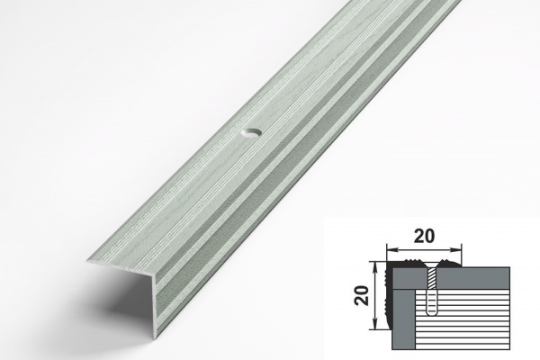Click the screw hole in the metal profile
pyautogui.click(x=251, y=133)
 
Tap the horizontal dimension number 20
pyautogui.click(x=424, y=236)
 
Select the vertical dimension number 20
pyautogui.click(x=363, y=295)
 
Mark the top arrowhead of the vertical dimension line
pyautogui.click(x=375, y=266)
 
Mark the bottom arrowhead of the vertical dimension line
pyautogui.click(x=375, y=325)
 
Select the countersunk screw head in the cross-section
pyautogui.click(x=431, y=266)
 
